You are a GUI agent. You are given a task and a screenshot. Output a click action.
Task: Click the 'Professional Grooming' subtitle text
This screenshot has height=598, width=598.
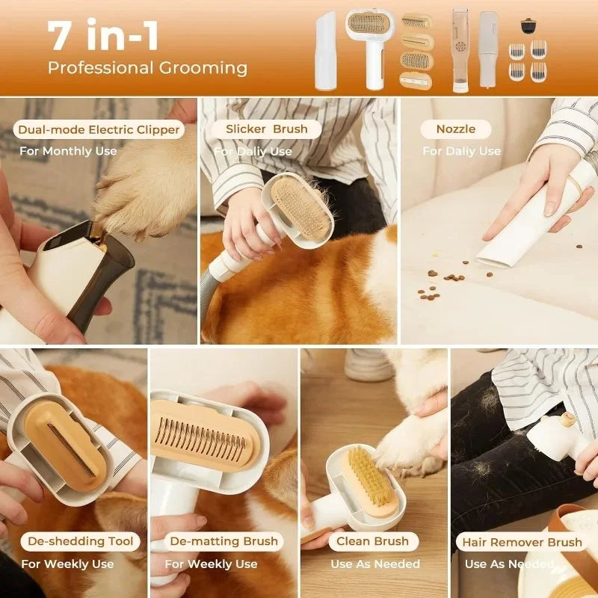(147, 68)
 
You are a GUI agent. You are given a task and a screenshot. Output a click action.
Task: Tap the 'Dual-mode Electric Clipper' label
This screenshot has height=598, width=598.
(99, 129)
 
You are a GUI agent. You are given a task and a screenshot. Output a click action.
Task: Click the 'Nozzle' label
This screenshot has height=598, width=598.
(455, 129)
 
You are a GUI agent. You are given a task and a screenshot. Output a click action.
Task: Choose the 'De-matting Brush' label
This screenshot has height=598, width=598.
(224, 541)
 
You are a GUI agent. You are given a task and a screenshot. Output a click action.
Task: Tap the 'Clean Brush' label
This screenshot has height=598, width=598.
(372, 541)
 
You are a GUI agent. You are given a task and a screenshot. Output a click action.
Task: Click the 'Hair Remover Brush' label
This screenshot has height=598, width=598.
(522, 542)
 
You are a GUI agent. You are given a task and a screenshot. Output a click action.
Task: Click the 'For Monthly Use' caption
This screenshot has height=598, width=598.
(69, 151)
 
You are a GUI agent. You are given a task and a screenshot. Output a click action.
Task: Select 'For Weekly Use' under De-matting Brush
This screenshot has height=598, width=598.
(211, 564)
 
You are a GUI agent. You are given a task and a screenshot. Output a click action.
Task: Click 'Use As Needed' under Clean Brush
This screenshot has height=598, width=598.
(375, 564)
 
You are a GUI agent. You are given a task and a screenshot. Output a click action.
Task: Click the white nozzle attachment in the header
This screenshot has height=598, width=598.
(326, 49)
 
